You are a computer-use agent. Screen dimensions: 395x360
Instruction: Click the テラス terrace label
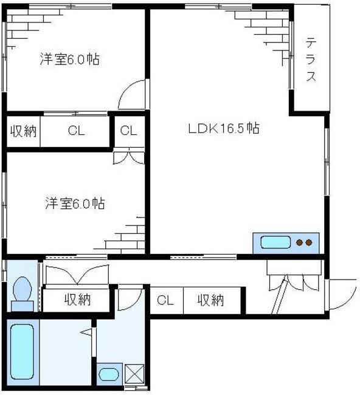click(311, 60)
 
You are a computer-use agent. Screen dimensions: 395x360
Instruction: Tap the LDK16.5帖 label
click(223, 129)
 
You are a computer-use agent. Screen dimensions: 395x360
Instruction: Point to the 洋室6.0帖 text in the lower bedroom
click(74, 204)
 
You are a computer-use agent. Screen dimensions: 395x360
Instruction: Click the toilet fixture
click(22, 292)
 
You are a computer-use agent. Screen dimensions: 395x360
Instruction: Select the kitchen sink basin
click(275, 242)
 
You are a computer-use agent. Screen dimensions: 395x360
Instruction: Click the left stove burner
click(299, 243)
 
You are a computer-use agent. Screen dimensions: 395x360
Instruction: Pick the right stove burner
click(310, 243)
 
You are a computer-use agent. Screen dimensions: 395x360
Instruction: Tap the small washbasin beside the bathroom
click(109, 374)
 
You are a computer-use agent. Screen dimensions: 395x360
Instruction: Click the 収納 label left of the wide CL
click(23, 131)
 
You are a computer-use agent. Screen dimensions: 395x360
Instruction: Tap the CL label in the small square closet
click(128, 130)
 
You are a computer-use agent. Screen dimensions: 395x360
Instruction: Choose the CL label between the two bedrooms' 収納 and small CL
click(76, 131)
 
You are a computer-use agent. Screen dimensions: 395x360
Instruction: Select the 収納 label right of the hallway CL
click(210, 300)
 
